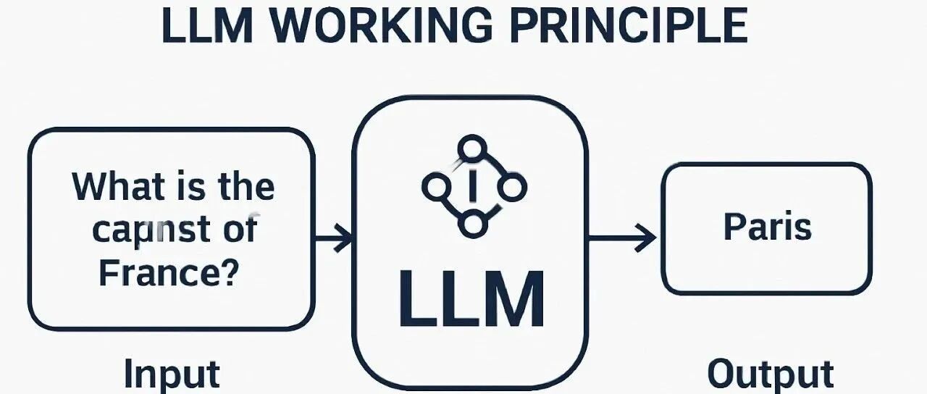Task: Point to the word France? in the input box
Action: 168,273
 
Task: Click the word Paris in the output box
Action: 767,227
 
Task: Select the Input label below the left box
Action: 172,374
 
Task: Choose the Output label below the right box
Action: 770,374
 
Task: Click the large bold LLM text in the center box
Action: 471,298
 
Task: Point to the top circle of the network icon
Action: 472,148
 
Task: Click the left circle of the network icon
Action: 434,188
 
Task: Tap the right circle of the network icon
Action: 512,188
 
